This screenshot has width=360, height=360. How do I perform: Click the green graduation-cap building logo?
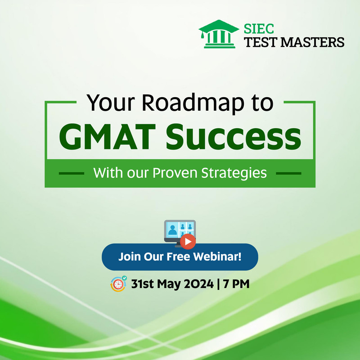(219, 34)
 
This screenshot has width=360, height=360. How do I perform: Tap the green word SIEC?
(259, 29)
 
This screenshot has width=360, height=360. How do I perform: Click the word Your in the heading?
(110, 103)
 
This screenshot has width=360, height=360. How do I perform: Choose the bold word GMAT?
(108, 137)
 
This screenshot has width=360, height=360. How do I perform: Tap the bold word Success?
(233, 137)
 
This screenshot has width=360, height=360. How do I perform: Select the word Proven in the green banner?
(175, 173)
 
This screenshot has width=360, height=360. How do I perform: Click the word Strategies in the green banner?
(234, 173)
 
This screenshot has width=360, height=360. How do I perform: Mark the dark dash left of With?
(72, 173)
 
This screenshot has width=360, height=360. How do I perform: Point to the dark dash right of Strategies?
(288, 173)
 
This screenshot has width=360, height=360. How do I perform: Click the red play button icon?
(188, 242)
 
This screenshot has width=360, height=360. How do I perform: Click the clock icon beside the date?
(118, 284)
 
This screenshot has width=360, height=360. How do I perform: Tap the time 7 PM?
(236, 284)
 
